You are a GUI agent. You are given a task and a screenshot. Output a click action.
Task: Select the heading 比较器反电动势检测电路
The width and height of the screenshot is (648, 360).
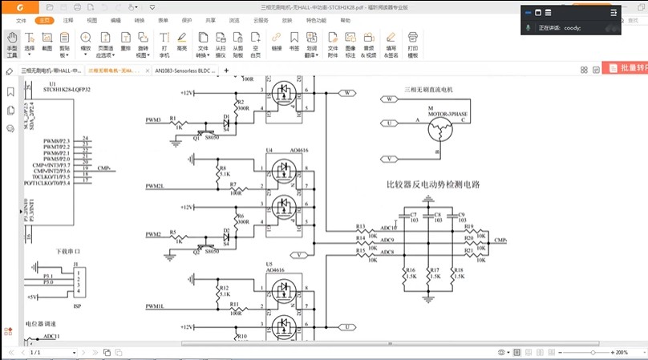point(433,185)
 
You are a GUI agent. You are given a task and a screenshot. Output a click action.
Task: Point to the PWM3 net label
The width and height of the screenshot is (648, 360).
point(153,120)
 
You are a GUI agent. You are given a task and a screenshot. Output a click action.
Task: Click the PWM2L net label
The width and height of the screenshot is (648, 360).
point(155,186)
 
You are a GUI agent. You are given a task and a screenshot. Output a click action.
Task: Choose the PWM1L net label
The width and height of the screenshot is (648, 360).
point(155,306)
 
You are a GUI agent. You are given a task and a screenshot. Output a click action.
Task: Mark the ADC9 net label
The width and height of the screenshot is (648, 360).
point(387,240)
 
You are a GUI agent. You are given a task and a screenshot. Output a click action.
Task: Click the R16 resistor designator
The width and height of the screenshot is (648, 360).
point(411,271)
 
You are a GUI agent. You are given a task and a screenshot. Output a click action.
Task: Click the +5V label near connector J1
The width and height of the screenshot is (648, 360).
point(31,297)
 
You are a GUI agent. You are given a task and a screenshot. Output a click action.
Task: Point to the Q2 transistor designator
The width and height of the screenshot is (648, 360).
point(196,251)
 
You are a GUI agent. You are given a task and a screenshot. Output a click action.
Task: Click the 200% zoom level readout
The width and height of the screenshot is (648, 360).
point(621,352)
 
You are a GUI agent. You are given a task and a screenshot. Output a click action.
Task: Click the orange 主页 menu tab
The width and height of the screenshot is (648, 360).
point(45,19)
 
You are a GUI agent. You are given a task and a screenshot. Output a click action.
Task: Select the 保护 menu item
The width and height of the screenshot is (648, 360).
point(187,19)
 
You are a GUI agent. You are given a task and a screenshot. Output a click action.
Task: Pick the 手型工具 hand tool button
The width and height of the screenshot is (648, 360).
point(12,45)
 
